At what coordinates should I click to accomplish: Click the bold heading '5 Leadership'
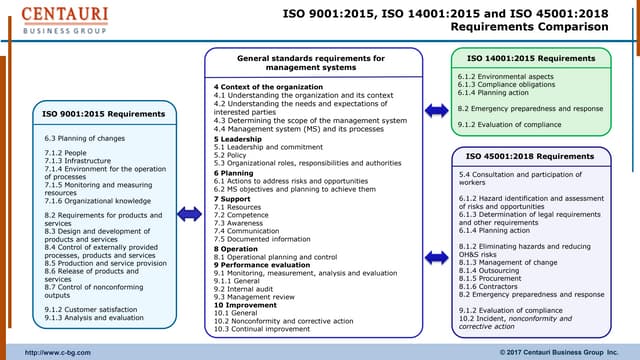pos(235,139)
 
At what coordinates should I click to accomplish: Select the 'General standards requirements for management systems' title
pos(310,64)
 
